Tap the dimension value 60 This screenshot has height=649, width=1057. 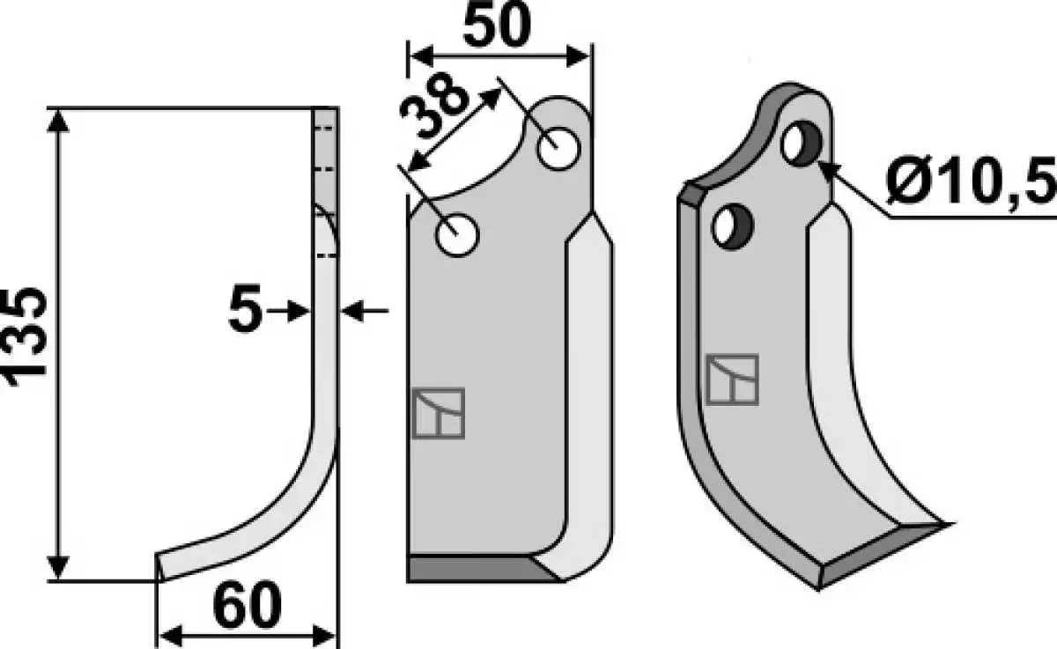[247, 605]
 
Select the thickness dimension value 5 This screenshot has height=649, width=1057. [245, 309]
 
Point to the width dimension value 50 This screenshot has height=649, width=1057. [498, 26]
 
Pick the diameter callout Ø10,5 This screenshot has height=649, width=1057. [971, 181]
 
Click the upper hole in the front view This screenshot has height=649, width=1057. [558, 149]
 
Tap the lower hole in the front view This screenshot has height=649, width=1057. [457, 235]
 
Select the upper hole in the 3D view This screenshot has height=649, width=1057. [802, 144]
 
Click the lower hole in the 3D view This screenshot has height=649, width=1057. [732, 227]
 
